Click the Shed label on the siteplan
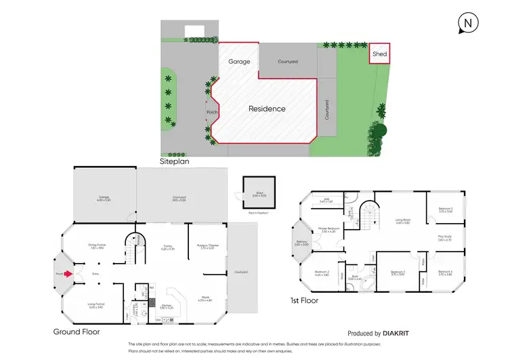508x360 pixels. point(379,54)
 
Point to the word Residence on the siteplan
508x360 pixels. point(266,108)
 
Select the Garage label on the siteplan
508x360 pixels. point(238,62)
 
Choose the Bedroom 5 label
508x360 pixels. point(445,209)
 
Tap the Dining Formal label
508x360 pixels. point(98,246)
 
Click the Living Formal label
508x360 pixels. point(95,306)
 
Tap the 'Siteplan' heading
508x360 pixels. point(175,163)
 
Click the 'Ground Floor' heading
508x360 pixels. point(77,332)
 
